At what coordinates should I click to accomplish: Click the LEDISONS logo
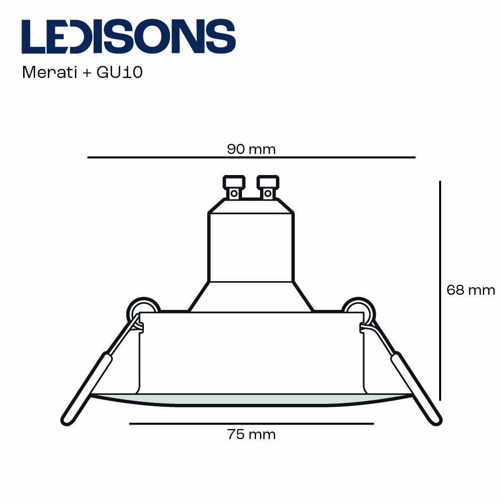[x=128, y=36]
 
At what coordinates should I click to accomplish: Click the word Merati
[x=49, y=72]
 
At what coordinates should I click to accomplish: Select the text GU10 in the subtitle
[x=120, y=72]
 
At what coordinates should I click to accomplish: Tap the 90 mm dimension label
[x=251, y=149]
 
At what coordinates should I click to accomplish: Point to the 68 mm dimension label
[x=471, y=290]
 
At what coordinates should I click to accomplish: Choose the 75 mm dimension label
[x=251, y=435]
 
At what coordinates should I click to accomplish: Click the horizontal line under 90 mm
[x=251, y=157]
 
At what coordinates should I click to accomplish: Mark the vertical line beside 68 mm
[x=440, y=290]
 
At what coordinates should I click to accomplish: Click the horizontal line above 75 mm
[x=251, y=424]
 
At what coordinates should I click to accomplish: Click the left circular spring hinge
[x=143, y=309]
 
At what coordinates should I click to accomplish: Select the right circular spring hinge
[x=359, y=309]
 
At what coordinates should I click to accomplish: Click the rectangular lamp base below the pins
[x=251, y=246]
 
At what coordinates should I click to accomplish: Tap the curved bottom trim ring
[x=251, y=400]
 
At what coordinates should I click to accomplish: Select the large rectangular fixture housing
[x=251, y=352]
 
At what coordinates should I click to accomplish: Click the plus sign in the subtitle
[x=87, y=73]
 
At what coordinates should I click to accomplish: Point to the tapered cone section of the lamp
[x=251, y=296]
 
